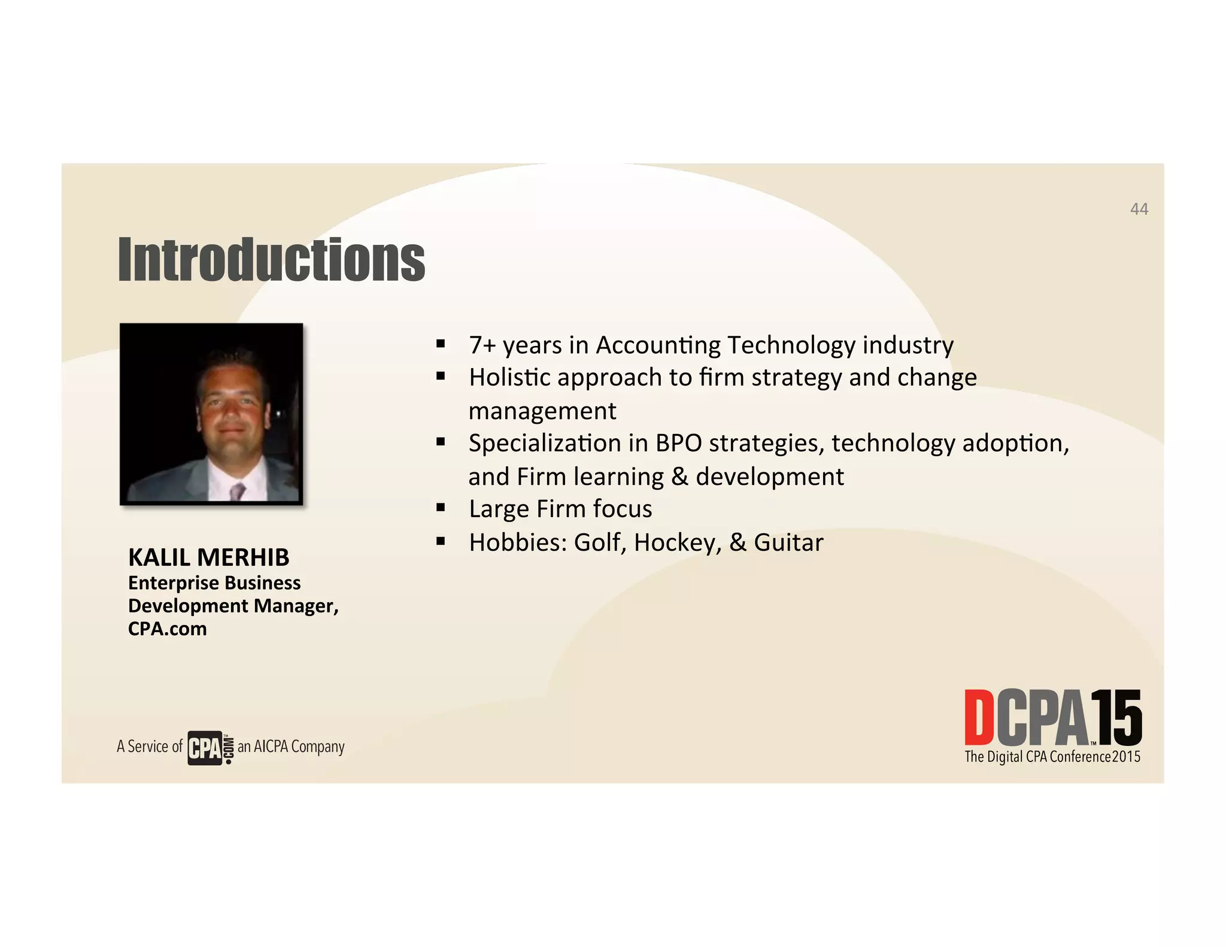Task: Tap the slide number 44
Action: tap(1139, 209)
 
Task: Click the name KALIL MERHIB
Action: tap(208, 557)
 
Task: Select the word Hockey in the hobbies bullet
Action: tap(678, 542)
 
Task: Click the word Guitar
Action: tap(788, 542)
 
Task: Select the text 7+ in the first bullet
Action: tap(482, 345)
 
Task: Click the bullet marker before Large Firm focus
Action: tap(441, 508)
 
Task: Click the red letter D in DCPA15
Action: tap(979, 717)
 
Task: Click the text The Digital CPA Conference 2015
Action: tap(1052, 757)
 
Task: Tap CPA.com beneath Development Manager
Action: tap(168, 629)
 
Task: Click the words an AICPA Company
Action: tap(291, 746)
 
